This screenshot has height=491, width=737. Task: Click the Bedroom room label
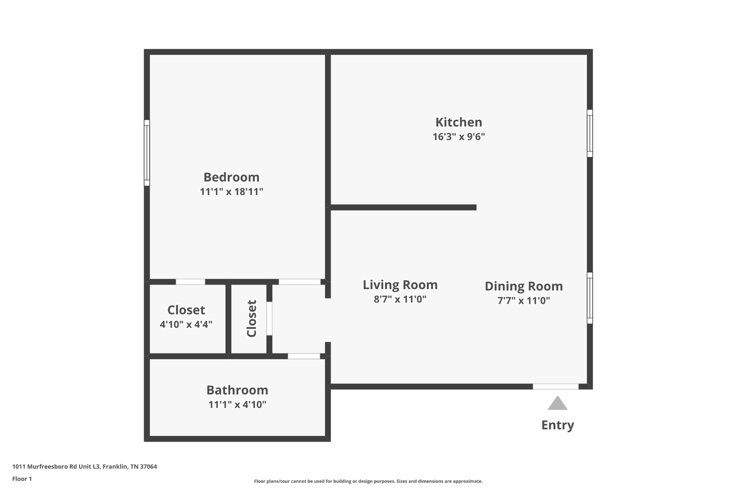[231, 177]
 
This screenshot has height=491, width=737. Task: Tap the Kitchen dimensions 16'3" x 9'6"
[459, 137]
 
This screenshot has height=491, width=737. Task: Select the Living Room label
[400, 285]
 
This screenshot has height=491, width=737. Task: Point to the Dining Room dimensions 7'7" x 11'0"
[524, 300]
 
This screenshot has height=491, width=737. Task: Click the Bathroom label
[237, 390]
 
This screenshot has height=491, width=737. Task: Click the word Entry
[557, 425]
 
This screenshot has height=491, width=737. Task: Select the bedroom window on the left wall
[147, 153]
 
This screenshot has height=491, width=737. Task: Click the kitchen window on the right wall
[590, 133]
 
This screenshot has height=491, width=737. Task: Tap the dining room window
[590, 298]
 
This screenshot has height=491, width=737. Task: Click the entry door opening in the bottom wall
[556, 386]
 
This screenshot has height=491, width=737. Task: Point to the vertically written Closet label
[252, 318]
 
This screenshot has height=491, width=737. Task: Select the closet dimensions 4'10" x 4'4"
[186, 324]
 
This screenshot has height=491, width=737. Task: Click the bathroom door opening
[304, 356]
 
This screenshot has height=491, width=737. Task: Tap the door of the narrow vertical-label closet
[269, 319]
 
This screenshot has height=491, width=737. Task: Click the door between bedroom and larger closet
[190, 282]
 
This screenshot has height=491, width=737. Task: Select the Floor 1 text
[22, 479]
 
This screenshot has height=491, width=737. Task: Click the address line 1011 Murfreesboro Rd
[85, 467]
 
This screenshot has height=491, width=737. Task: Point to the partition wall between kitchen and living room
[403, 207]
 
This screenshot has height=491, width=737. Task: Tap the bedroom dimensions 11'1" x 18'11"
[231, 192]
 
